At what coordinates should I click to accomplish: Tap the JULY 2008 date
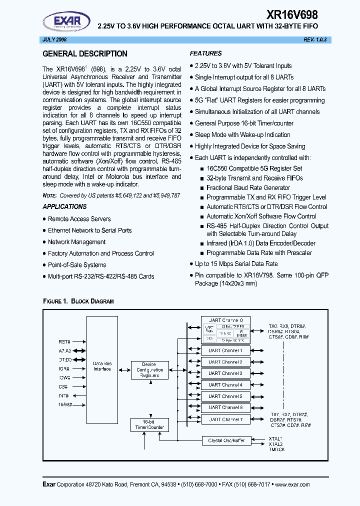click(x=53, y=39)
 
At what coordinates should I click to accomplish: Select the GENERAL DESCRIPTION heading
click(x=85, y=54)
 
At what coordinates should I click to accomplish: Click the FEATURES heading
click(x=205, y=53)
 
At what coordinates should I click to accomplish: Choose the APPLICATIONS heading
click(x=64, y=206)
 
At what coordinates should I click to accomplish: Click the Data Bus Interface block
click(x=102, y=366)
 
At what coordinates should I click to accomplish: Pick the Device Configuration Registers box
click(x=149, y=370)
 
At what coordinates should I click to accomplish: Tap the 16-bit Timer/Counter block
click(x=149, y=425)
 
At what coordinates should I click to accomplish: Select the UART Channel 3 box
click(x=225, y=373)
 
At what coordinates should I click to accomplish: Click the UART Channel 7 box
click(x=225, y=419)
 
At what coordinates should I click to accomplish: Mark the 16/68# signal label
click(x=65, y=404)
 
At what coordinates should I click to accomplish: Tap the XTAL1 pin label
click(x=276, y=438)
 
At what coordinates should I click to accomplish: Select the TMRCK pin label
click(x=277, y=449)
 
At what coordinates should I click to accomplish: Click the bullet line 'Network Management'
click(x=76, y=242)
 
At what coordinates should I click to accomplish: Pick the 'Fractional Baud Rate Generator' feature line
click(x=248, y=188)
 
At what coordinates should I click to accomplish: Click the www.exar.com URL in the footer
click(x=292, y=484)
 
